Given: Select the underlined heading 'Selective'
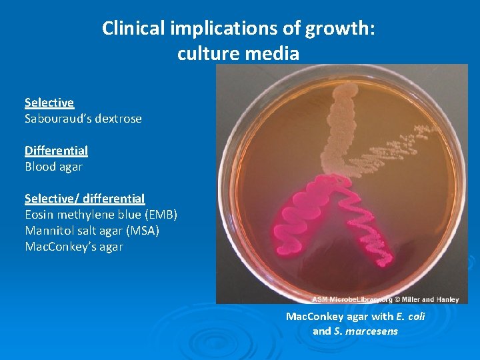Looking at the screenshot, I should tap(49, 103).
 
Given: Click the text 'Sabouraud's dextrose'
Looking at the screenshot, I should tap(83, 119).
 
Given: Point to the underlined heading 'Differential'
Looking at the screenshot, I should tap(56, 151).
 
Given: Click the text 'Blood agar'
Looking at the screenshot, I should tap(53, 167).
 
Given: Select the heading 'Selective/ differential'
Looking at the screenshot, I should tap(85, 199).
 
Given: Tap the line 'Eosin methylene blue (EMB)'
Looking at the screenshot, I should tap(101, 215).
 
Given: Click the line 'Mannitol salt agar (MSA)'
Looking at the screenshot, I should tap(92, 231).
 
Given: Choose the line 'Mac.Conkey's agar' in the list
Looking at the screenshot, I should tap(74, 247).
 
